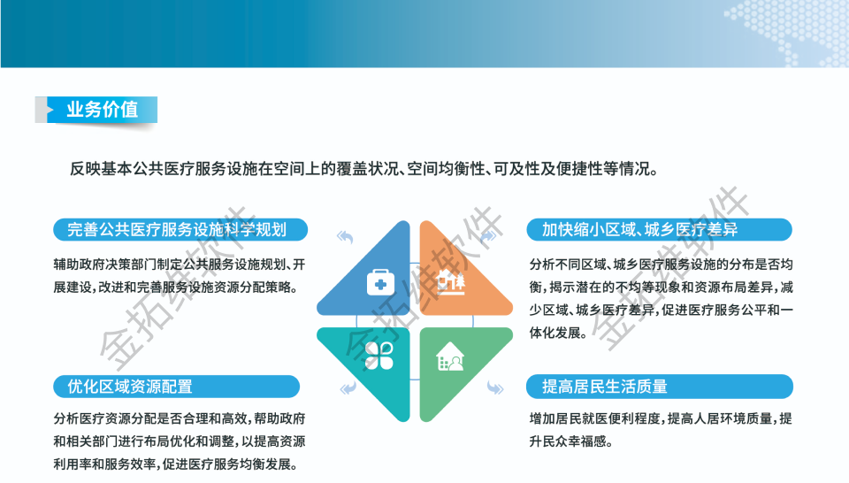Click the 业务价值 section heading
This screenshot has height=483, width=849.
point(103,110)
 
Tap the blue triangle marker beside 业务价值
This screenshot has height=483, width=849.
point(50,110)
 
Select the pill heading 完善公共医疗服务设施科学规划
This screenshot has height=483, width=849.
point(180,230)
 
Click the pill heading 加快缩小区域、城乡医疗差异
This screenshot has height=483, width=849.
point(659,230)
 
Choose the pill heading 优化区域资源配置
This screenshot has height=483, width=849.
point(177,387)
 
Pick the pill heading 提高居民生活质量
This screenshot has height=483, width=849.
point(660,387)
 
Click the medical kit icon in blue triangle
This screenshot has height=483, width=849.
point(380,283)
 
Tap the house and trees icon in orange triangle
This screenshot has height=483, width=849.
point(451,281)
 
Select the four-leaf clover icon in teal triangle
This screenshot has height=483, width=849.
point(379,356)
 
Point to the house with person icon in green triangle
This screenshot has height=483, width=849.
point(450,356)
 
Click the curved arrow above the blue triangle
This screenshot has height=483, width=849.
point(345,236)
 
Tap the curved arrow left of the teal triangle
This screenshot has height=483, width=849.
point(348,387)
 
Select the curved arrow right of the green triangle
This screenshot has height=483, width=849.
point(495,387)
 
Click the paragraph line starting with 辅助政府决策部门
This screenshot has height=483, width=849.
point(180,264)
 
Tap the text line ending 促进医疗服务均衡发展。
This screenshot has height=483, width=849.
point(176,464)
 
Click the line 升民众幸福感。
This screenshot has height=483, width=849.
point(571,441)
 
